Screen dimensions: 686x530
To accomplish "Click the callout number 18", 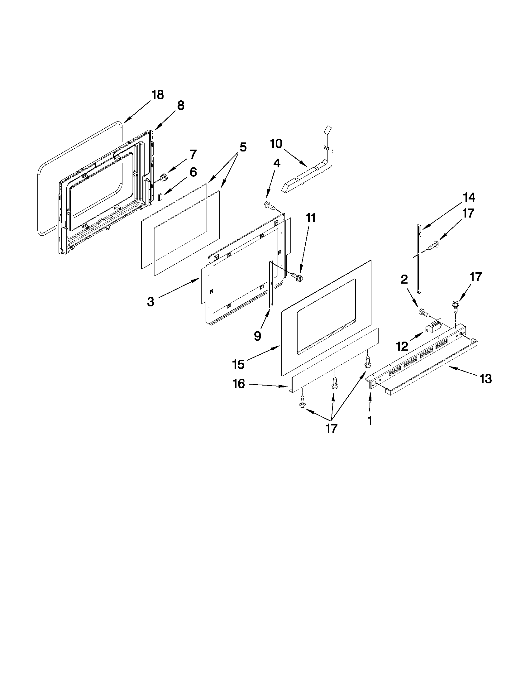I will click(x=158, y=94).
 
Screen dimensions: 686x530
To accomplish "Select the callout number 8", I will click(x=180, y=106).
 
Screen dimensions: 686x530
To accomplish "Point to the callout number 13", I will click(x=485, y=379).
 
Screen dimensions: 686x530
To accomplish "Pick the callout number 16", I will click(x=239, y=384).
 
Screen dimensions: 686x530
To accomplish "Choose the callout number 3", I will click(x=151, y=302).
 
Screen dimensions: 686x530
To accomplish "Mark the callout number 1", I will click(x=370, y=420).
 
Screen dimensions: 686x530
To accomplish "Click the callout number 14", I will click(x=468, y=198).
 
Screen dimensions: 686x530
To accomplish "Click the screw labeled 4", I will click(x=270, y=206).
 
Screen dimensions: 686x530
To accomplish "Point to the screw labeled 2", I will click(x=423, y=313).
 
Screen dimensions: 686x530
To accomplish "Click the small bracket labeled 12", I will click(x=434, y=326).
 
